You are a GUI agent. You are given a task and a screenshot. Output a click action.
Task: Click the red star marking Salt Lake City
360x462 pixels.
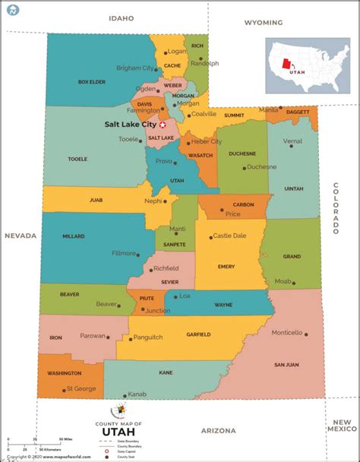[162, 124]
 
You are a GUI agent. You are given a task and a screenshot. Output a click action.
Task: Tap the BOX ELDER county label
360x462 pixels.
[91, 81]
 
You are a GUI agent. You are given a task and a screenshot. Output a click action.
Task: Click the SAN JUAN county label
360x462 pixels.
[286, 365]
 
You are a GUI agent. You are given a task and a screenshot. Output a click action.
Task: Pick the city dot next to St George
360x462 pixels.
[63, 389]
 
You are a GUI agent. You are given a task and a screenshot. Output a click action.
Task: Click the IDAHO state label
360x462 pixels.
[121, 17]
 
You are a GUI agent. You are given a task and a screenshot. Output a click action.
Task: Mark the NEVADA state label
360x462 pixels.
[21, 236]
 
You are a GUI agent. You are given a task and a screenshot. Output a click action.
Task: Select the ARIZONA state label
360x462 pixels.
[218, 431]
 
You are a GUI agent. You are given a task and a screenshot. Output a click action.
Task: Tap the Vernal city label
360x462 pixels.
[292, 141]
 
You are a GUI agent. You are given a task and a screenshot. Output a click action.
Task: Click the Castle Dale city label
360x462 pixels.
[229, 236]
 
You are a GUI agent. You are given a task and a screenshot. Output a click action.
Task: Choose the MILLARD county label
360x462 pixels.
[73, 236]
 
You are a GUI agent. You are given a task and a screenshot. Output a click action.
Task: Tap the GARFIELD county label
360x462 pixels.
[198, 334]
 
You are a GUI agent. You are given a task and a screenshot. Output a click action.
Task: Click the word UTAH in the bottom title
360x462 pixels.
[118, 431]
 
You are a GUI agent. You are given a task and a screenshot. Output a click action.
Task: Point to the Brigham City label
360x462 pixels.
[134, 68]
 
